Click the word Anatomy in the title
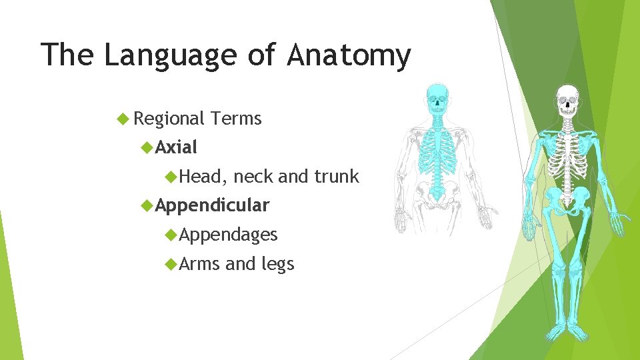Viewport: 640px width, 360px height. pyautogui.click(x=349, y=55)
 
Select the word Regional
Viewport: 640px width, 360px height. pyautogui.click(x=169, y=119)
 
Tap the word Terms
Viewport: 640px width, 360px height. pyautogui.click(x=236, y=119)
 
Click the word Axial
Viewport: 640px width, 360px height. pyautogui.click(x=177, y=147)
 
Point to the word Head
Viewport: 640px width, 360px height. pyautogui.click(x=204, y=177)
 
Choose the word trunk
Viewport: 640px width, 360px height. pyautogui.click(x=337, y=177)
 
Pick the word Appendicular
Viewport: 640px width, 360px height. pyautogui.click(x=212, y=205)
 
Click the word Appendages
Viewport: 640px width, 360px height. pyautogui.click(x=228, y=235)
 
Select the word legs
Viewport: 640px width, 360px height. pyautogui.click(x=277, y=264)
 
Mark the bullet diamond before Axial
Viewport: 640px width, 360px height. pyautogui.click(x=147, y=147)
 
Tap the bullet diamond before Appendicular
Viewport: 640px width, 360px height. pyautogui.click(x=147, y=205)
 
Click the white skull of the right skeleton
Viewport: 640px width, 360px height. pyautogui.click(x=568, y=100)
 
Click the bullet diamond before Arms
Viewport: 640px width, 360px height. pyautogui.click(x=171, y=265)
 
